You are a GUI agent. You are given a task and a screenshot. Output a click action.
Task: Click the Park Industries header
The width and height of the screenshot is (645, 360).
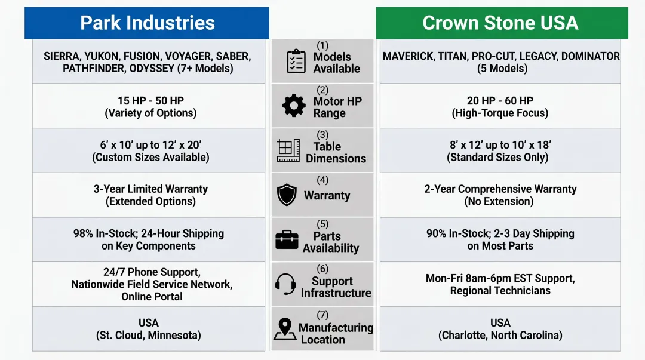(147, 23)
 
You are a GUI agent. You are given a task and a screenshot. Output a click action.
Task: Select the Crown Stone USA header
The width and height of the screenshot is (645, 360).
(500, 23)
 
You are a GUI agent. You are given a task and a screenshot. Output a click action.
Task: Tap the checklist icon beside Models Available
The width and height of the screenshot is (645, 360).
(296, 61)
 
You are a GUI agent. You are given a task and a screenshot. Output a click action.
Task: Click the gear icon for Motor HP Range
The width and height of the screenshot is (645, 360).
(294, 106)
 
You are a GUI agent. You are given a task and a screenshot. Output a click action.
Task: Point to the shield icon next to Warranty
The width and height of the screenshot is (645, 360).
(287, 195)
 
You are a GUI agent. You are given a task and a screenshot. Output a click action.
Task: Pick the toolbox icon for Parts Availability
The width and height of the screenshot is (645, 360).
(287, 239)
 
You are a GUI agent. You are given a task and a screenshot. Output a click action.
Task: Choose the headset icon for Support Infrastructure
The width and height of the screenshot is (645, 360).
(286, 284)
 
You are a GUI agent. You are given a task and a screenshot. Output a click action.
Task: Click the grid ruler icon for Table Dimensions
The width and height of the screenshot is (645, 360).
(288, 150)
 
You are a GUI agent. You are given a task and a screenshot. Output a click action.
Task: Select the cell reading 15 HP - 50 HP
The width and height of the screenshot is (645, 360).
(149, 106)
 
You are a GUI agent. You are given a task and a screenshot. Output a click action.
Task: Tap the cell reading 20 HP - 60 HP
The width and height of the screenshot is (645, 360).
(500, 106)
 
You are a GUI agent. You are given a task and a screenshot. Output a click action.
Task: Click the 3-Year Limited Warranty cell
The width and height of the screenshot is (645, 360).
(149, 195)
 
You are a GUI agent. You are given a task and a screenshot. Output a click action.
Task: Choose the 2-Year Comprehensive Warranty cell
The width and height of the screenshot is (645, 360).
(500, 195)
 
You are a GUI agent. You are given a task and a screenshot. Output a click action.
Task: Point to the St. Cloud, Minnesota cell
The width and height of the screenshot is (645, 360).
(149, 329)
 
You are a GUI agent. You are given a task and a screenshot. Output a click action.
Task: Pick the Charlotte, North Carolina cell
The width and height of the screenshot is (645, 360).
(500, 329)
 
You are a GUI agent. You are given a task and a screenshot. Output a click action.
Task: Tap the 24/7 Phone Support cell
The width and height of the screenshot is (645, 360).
(149, 284)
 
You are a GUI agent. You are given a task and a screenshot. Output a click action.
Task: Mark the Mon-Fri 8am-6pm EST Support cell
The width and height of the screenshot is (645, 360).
(500, 284)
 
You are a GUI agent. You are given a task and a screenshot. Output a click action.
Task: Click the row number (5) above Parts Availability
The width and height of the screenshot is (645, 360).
(322, 224)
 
